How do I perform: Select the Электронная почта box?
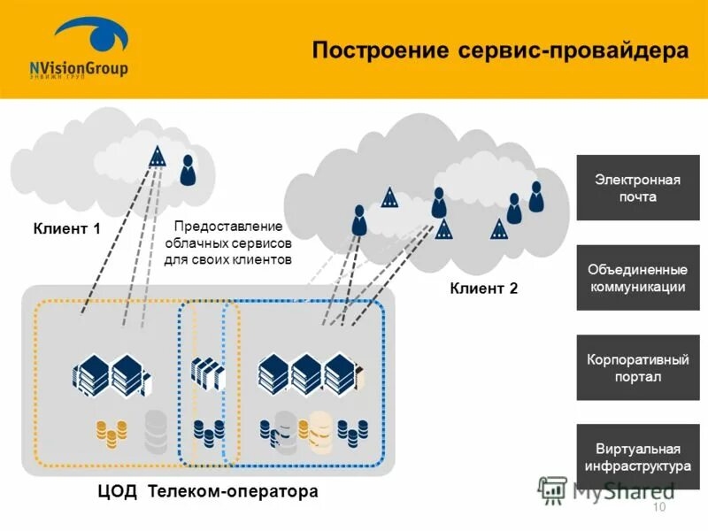point(637,188)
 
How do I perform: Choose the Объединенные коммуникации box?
point(637,278)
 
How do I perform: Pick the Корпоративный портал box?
point(637,367)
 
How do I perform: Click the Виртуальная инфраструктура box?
point(637,457)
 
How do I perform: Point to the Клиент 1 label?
point(67,229)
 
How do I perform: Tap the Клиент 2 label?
point(483,288)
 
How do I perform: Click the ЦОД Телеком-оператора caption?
point(208,490)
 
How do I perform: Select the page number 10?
point(658,507)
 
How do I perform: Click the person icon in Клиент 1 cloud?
point(188,169)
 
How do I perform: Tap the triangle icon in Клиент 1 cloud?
point(158,158)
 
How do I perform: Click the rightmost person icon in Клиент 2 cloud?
point(535,196)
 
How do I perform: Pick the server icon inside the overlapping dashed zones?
point(207,373)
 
